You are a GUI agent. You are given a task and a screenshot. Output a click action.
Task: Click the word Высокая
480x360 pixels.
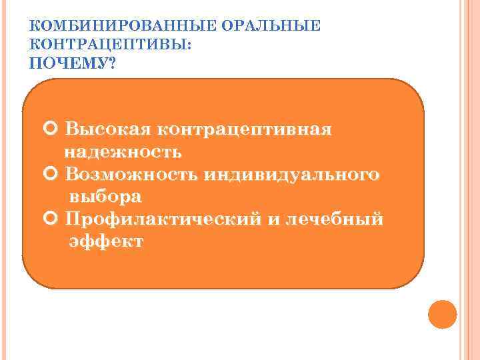pyautogui.click(x=109, y=128)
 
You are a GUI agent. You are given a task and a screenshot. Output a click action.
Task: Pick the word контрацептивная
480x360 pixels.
pyautogui.click(x=245, y=128)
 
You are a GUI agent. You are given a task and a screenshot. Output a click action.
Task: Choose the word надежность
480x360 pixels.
pyautogui.click(x=123, y=151)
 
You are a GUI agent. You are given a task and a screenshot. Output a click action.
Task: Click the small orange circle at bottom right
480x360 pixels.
pyautogui.click(x=442, y=314)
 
